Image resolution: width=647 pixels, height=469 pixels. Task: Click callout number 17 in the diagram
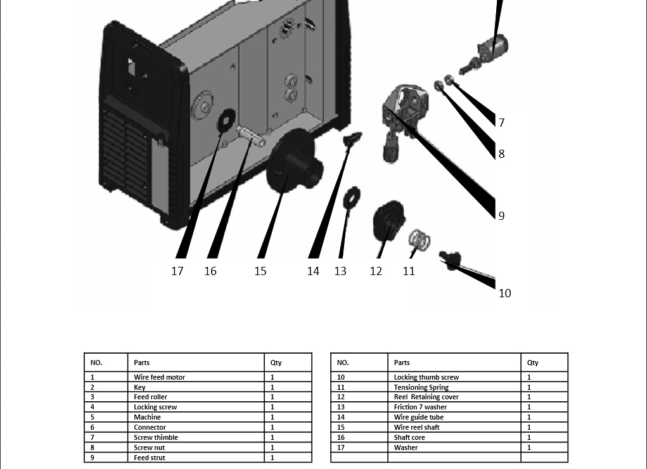coord(177,271)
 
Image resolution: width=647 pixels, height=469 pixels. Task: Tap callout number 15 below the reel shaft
coord(260,271)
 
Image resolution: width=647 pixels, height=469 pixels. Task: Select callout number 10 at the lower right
coord(504,293)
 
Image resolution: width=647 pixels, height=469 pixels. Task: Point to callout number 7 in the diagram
coord(501,123)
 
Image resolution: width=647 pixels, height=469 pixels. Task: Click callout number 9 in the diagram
coord(501,215)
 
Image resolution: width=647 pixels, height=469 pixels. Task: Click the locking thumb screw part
coord(451,259)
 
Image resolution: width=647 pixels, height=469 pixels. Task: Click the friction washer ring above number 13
coord(352,198)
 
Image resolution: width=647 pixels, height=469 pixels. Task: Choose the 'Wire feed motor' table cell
coord(160,377)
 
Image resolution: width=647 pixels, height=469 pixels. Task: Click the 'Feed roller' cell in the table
coord(151,397)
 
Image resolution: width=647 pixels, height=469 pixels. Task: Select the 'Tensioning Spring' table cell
coord(421,387)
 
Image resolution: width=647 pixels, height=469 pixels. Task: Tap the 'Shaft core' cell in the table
coord(409,437)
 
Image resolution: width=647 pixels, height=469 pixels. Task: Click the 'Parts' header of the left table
coord(142,363)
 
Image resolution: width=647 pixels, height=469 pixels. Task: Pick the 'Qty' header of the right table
coord(532,363)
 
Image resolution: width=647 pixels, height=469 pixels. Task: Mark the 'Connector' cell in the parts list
coord(150,427)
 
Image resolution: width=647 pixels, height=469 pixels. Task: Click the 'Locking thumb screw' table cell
coord(426,377)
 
